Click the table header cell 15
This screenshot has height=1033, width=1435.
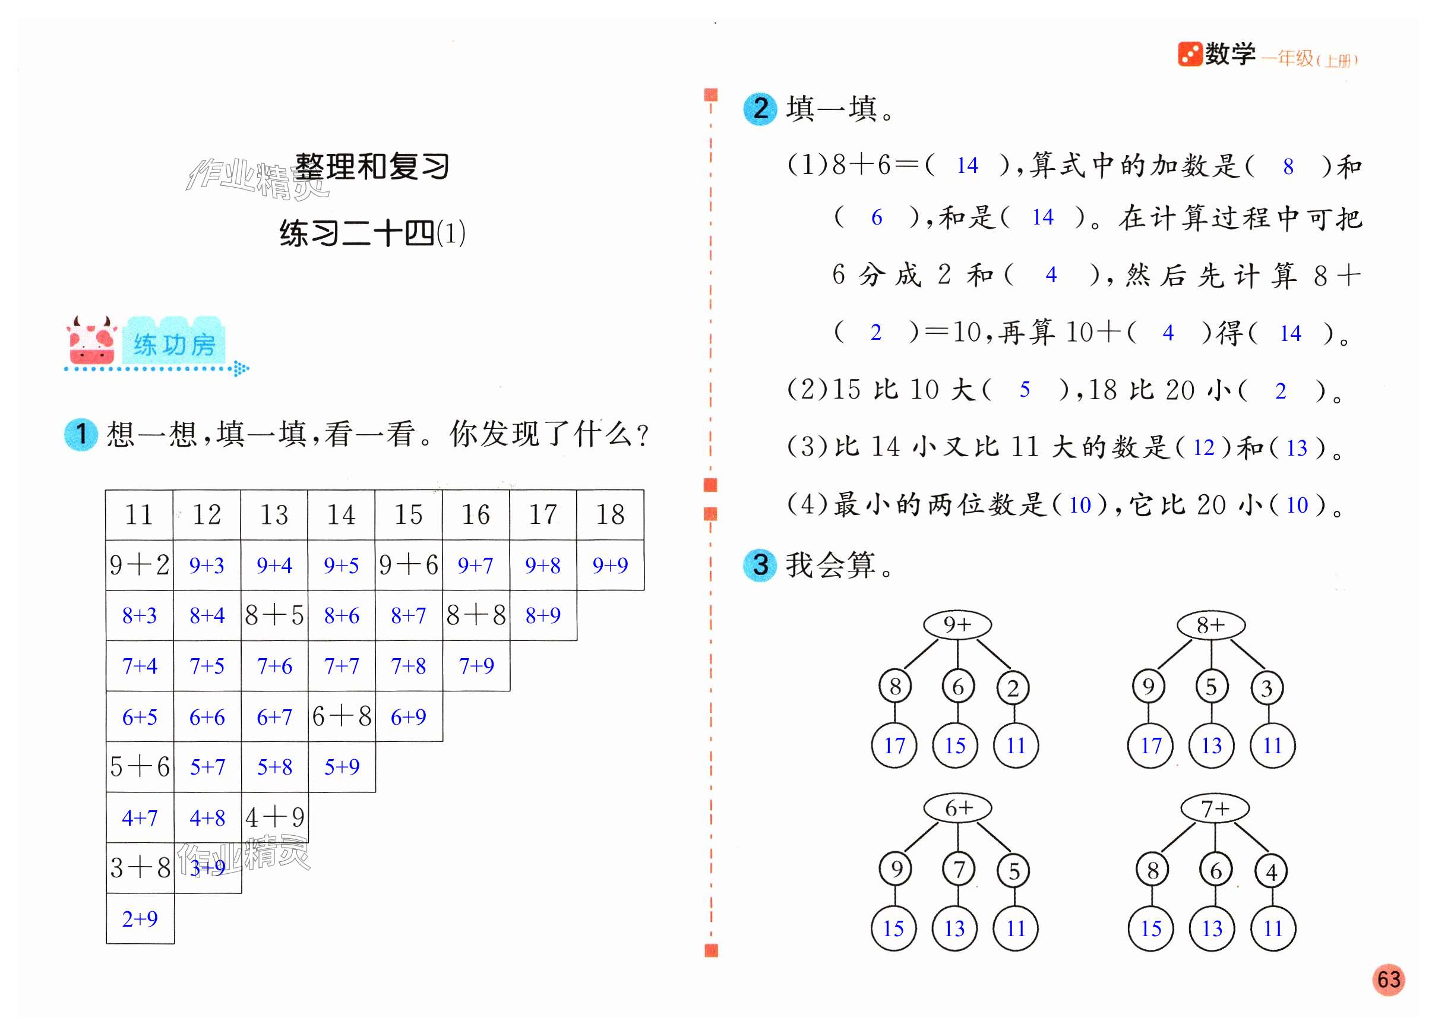point(408,514)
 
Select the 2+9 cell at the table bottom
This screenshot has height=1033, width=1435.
point(140,918)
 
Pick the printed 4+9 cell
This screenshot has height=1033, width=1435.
point(274,817)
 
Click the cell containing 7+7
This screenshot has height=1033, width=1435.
point(342,666)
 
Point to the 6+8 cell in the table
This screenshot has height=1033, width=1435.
point(342,716)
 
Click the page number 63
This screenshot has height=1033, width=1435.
point(1389,979)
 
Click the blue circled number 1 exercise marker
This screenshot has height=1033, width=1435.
point(81,435)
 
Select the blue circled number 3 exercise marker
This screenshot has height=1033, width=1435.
point(760,564)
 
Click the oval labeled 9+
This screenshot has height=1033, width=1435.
point(957,625)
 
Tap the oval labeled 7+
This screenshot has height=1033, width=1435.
point(1215,808)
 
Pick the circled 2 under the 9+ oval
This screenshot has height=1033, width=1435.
point(1013,688)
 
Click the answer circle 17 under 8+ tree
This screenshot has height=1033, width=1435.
point(1150,745)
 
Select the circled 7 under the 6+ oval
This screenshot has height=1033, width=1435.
point(959,869)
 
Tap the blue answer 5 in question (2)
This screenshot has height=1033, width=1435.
point(1025,390)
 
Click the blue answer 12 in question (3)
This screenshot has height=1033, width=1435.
point(1203,447)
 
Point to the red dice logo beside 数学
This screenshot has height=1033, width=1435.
point(1190,55)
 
